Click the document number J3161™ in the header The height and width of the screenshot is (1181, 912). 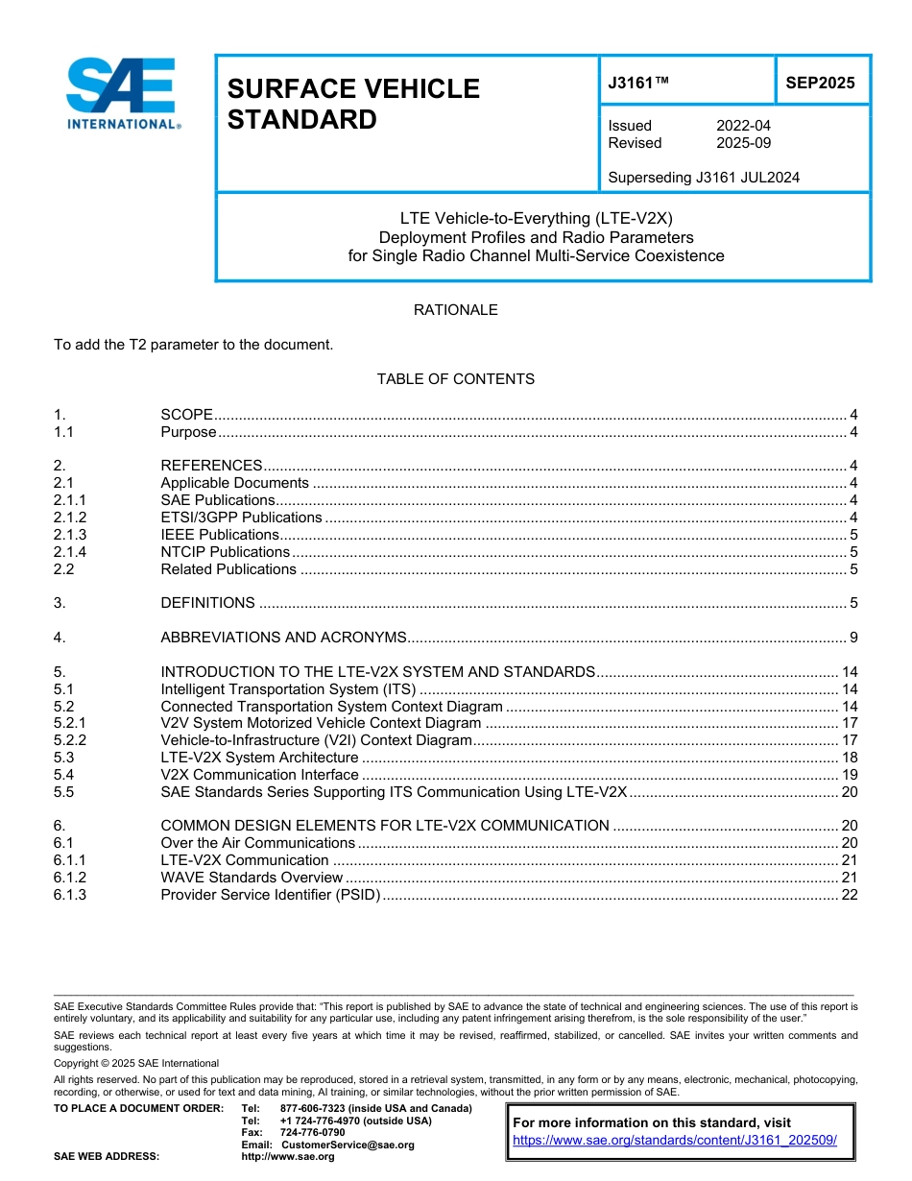click(638, 83)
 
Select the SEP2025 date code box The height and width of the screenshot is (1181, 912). click(820, 83)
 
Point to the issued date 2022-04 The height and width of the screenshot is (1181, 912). click(743, 126)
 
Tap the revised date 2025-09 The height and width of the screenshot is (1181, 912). click(743, 143)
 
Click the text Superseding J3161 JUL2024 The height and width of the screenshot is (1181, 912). click(704, 178)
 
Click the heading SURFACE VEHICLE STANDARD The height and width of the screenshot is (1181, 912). click(352, 104)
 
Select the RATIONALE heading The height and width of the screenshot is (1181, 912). click(455, 310)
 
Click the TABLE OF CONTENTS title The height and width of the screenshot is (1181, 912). click(455, 379)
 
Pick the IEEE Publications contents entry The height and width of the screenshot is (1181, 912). click(220, 535)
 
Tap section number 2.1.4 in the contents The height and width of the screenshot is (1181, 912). click(70, 552)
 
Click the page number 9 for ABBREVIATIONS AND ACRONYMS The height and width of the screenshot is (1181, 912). click(852, 638)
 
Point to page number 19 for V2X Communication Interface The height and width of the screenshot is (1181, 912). click(849, 775)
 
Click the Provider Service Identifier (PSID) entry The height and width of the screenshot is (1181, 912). click(271, 895)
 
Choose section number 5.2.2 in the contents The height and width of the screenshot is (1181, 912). click(70, 740)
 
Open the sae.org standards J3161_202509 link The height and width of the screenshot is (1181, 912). click(675, 1140)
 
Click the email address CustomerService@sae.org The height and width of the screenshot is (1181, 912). click(348, 1145)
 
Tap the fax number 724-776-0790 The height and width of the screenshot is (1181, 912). click(312, 1133)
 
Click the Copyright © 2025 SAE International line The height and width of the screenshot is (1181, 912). click(136, 1063)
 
